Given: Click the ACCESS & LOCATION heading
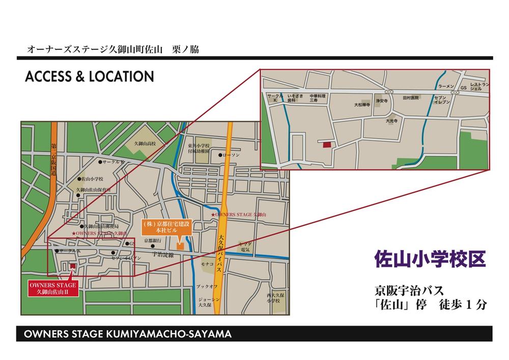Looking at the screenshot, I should click(89, 76).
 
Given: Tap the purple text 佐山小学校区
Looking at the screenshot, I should click(430, 259).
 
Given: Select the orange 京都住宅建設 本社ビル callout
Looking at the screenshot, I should click(165, 226).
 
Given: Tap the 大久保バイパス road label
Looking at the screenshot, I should click(220, 244).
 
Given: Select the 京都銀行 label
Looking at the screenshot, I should click(152, 240).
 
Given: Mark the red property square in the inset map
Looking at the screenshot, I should click(326, 145).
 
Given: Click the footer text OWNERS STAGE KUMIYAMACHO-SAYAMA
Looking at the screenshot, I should click(125, 335).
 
